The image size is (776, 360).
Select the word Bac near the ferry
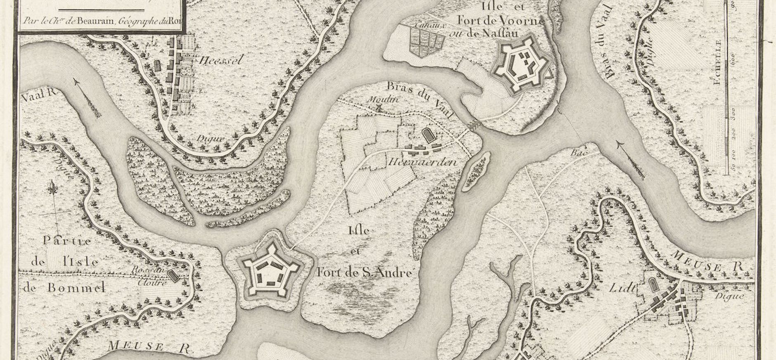[577, 152]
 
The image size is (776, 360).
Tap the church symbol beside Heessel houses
[158, 66]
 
